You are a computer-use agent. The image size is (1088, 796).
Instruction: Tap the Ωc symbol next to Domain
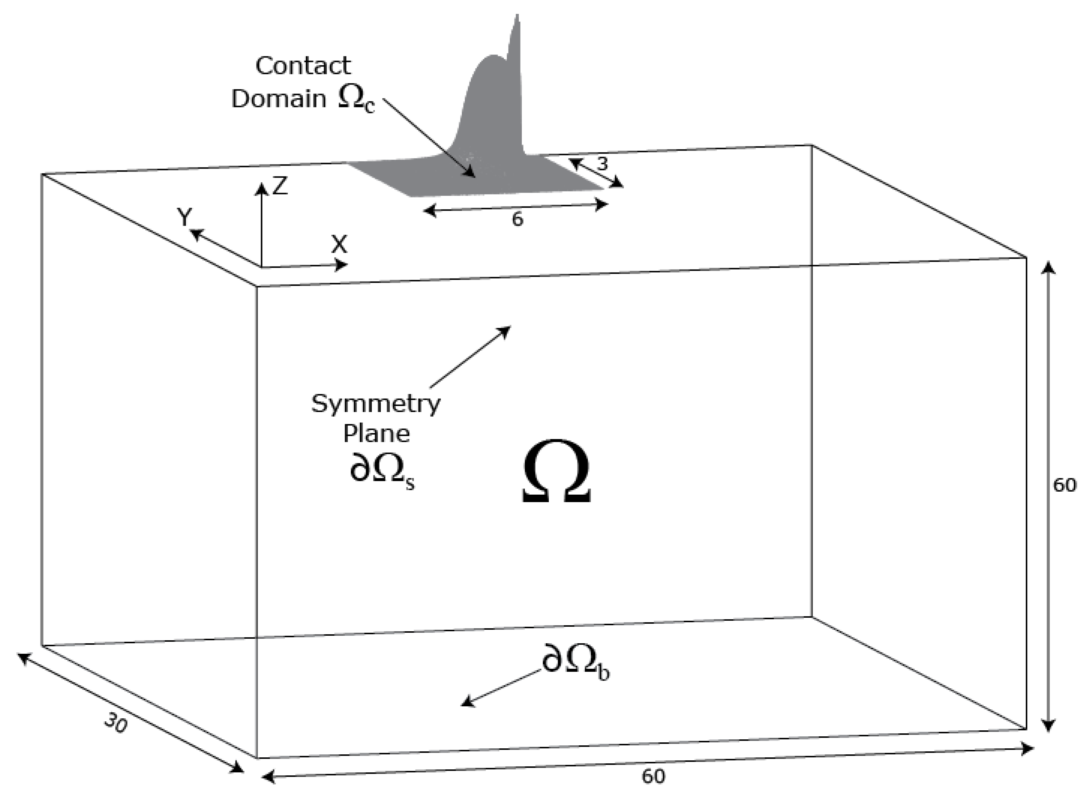tap(356, 100)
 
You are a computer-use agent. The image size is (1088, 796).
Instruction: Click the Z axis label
tap(280, 185)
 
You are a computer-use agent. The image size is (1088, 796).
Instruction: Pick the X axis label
tap(339, 245)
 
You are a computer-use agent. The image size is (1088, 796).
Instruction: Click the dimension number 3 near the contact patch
tap(602, 164)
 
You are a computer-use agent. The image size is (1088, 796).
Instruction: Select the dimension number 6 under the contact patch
tap(517, 220)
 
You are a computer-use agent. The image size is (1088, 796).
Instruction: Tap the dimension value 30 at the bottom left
tap(116, 723)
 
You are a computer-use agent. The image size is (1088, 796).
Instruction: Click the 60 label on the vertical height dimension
tap(1064, 485)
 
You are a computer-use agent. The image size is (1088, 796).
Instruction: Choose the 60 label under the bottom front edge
tap(653, 776)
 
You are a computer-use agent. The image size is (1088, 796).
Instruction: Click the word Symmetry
tap(375, 404)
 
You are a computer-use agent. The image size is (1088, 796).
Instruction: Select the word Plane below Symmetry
tap(376, 434)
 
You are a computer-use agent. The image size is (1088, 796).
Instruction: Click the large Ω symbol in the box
tap(556, 471)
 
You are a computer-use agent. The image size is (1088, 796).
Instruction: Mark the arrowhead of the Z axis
tap(261, 188)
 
